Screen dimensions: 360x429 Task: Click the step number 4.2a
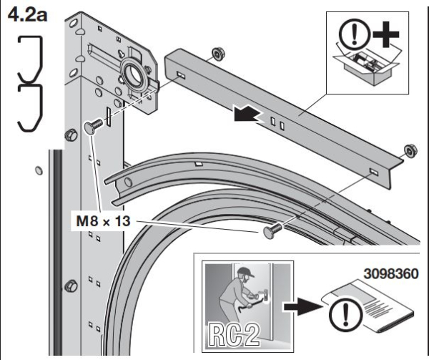click(x=26, y=16)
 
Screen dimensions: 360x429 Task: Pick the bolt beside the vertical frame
click(x=91, y=126)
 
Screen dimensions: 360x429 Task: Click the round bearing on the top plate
click(x=132, y=72)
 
